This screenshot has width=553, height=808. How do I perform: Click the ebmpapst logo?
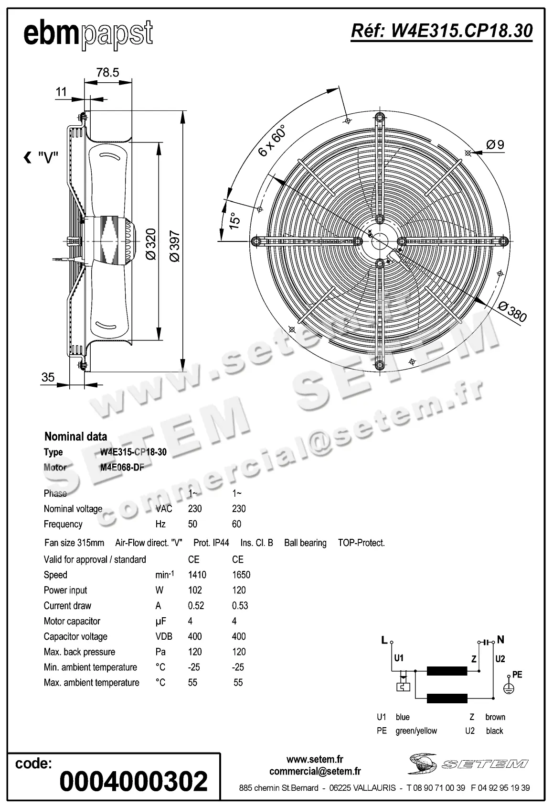coord(88,34)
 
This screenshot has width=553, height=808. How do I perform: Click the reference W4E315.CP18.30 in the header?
coord(441,31)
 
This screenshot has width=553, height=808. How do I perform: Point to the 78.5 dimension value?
coord(107,72)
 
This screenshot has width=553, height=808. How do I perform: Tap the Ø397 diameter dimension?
coord(175,246)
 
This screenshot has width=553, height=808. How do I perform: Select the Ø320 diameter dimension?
coord(150,244)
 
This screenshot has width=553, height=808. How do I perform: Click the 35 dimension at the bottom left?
coord(48,377)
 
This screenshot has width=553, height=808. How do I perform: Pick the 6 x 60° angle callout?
coord(271,141)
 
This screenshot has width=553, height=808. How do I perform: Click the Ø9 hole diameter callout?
coord(495,144)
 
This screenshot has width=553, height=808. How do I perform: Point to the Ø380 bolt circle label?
coord(512,312)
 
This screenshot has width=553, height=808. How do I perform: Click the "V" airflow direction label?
coord(42,157)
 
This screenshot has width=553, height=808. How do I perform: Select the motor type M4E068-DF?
coord(122,468)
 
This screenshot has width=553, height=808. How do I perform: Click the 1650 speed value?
coord(241,575)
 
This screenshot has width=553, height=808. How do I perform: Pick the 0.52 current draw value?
coord(196,606)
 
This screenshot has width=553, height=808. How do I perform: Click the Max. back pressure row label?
coord(79,652)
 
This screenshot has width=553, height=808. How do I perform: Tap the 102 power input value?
coord(195,590)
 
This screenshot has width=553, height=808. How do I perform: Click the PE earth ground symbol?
coord(510,688)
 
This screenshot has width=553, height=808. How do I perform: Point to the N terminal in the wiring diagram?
coord(500,640)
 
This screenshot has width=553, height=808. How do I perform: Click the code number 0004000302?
coord(134,781)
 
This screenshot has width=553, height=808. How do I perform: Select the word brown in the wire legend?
coord(495,717)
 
